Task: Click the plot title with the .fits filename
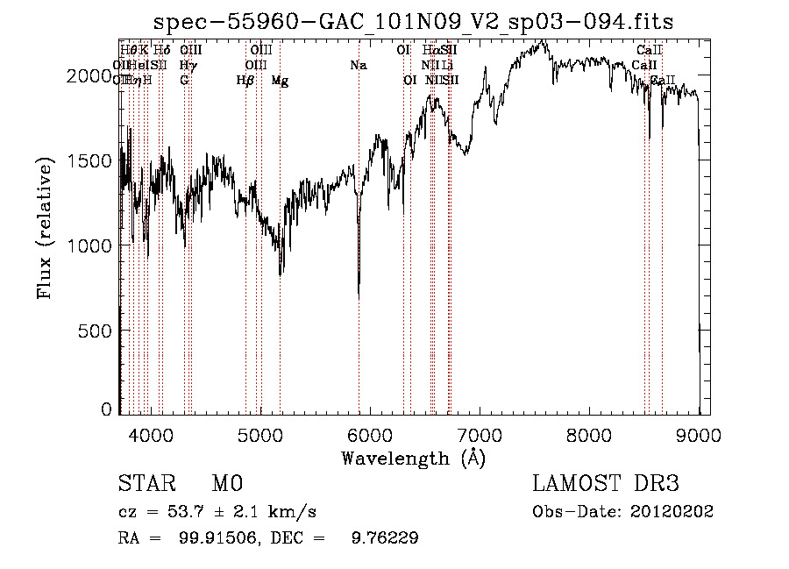point(414,22)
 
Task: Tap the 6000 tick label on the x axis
point(369,434)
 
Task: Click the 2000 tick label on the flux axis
point(88,76)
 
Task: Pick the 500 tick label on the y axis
point(95,331)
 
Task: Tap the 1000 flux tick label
point(88,246)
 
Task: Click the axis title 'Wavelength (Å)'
point(413,458)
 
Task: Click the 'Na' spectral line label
point(358,65)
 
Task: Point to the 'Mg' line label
point(280,81)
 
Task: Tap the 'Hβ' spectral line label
point(245,81)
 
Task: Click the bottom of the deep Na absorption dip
point(359,297)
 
